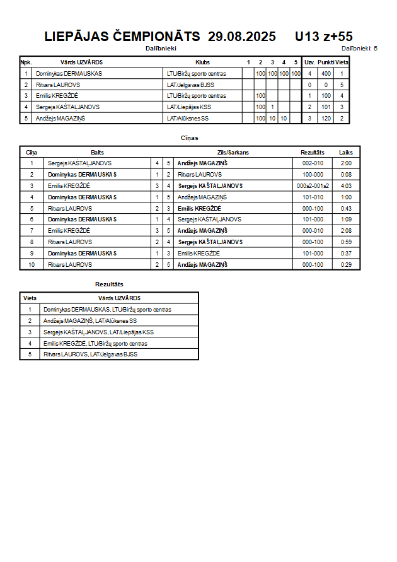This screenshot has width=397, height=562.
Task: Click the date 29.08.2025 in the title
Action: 242,37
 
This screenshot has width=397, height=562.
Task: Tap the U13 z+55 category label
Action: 324,37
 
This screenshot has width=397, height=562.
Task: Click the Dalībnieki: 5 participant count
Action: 359,48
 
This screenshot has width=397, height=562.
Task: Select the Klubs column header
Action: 203,62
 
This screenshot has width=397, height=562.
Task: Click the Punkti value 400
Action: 326,74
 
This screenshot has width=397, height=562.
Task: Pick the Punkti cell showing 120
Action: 326,119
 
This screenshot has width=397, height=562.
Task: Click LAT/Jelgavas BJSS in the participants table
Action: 190,85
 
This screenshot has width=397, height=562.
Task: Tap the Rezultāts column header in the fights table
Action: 313,153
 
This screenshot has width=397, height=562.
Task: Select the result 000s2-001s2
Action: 313,186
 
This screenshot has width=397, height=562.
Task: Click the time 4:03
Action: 346,186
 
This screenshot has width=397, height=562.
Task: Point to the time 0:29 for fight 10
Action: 346,265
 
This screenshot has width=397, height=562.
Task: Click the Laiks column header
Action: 346,153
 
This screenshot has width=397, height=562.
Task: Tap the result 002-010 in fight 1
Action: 313,163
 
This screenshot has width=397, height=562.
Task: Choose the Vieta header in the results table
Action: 30,298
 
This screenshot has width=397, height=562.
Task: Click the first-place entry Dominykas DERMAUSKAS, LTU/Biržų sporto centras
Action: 107,310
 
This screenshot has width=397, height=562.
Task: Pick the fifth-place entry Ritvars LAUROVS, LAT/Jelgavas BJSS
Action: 91,354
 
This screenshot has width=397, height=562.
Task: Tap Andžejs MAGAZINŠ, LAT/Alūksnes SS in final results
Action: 90,321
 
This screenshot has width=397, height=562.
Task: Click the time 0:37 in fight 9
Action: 346,254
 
